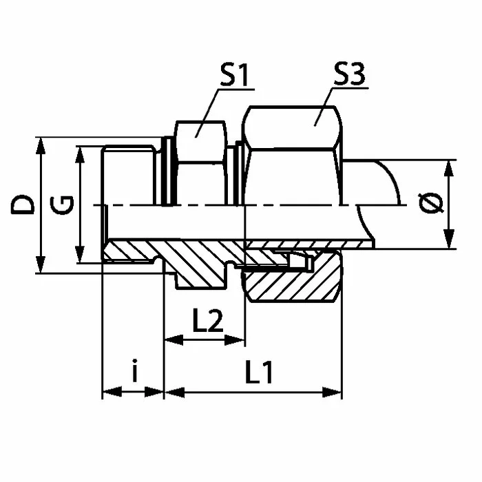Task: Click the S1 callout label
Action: pyautogui.click(x=234, y=75)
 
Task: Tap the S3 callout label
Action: pyautogui.click(x=350, y=74)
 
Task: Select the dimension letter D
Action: pyautogui.click(x=23, y=204)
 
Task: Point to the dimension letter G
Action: pyautogui.click(x=62, y=205)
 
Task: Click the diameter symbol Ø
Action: pyautogui.click(x=431, y=204)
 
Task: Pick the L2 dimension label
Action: pyautogui.click(x=208, y=321)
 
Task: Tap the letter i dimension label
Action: pyautogui.click(x=134, y=370)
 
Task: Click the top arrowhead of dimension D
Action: pyautogui.click(x=40, y=146)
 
